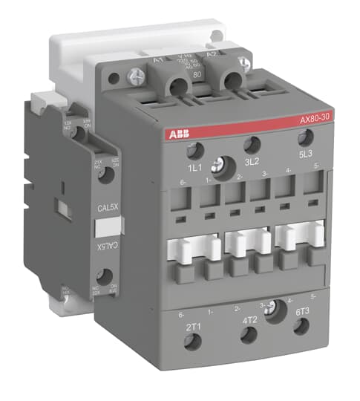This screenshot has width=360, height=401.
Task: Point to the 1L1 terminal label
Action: tap(194, 169)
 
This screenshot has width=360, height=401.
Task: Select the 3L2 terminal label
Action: tap(252, 161)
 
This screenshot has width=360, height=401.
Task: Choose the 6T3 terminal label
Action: tap(301, 313)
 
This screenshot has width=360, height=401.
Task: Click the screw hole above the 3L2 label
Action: tap(252, 145)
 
